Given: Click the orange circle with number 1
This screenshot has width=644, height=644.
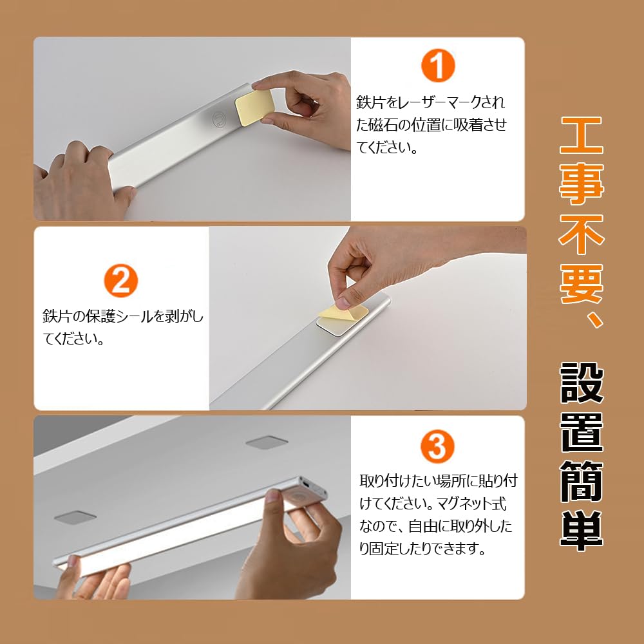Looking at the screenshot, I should (438, 66).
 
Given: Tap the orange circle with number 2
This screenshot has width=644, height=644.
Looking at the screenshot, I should (121, 281).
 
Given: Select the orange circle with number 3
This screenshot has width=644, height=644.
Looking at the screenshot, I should (437, 446).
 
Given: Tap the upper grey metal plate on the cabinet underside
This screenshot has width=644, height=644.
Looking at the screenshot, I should (267, 442).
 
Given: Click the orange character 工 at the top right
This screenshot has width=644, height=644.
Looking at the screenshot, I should (582, 136).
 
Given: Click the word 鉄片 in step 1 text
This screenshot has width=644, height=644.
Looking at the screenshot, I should (371, 103).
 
